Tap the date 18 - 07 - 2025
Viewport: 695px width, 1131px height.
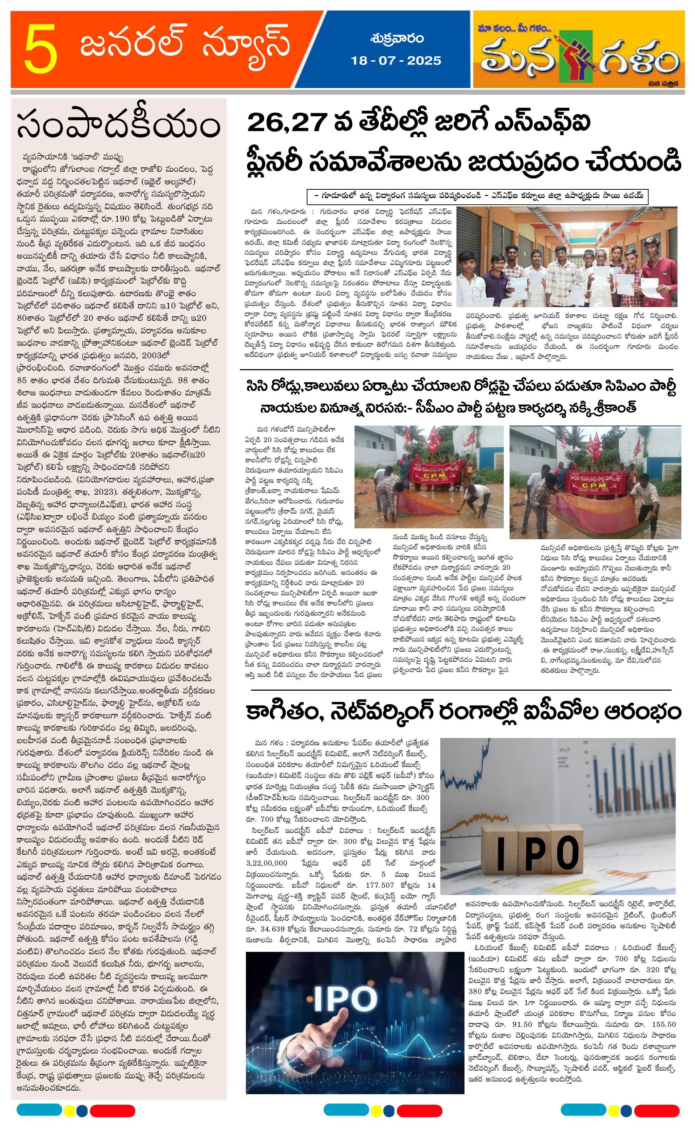tap(396, 61)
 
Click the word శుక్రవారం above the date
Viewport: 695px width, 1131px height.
tap(396, 39)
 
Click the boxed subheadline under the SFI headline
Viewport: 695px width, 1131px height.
tap(478, 196)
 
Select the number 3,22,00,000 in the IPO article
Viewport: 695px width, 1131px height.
tap(267, 863)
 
